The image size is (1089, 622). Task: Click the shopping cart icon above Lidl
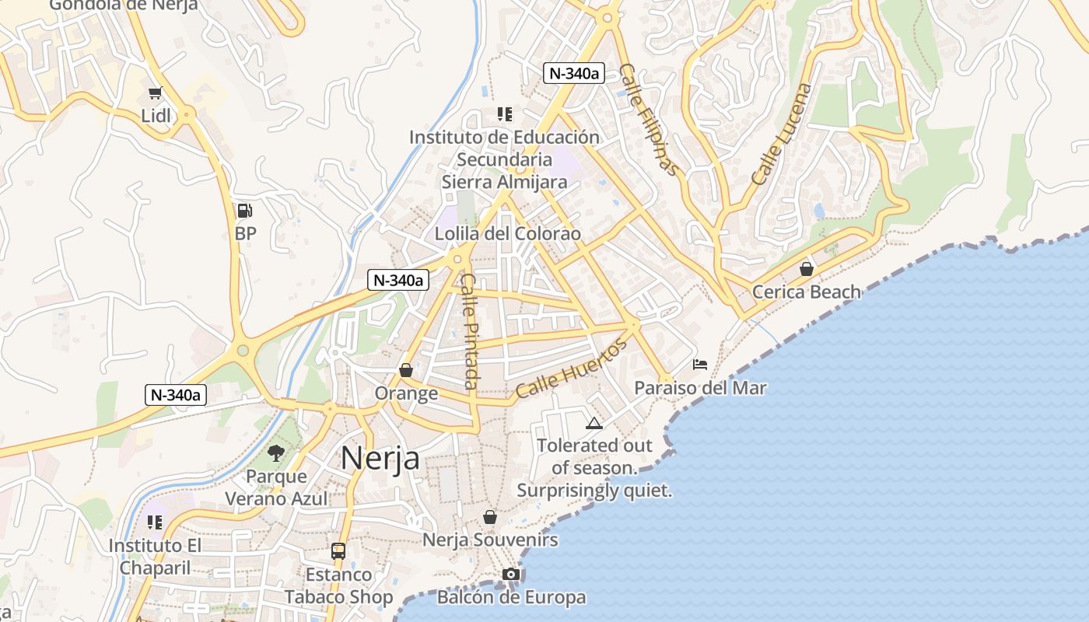(154, 93)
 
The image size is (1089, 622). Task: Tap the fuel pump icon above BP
(244, 211)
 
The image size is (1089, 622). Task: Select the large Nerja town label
(380, 458)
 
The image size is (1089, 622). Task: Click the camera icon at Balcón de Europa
(510, 575)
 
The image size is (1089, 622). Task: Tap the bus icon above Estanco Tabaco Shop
(338, 551)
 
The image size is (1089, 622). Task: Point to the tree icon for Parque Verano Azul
(276, 453)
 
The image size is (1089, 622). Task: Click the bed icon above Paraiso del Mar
(700, 364)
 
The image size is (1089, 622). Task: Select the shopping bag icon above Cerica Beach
(807, 269)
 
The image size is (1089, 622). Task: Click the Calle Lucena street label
(781, 134)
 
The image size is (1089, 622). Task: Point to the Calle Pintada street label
(470, 331)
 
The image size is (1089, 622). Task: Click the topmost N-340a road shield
(574, 74)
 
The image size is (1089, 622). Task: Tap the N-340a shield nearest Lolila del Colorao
(398, 281)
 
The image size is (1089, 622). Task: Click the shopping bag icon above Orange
(406, 370)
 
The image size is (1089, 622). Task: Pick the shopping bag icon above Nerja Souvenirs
(490, 516)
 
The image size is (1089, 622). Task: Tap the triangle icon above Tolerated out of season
(594, 423)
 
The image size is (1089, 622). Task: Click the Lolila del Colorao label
(507, 233)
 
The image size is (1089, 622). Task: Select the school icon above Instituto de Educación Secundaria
(504, 114)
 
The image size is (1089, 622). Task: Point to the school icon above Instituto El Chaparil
(155, 522)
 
